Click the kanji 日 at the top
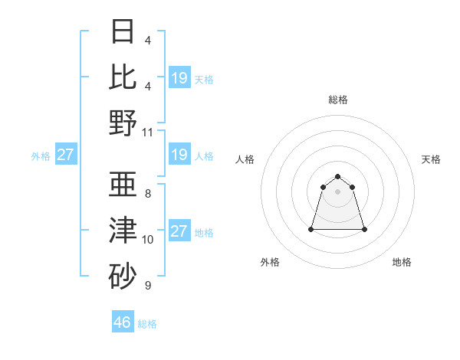123,32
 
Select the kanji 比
123,77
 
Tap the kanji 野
123,122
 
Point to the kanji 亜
123,185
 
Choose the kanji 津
123,230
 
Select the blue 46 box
123,322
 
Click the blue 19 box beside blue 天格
179,77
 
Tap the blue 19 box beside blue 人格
179,155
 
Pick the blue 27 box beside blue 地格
179,231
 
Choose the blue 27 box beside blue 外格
65,155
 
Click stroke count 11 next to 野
149,132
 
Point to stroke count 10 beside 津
148,240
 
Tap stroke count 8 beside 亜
147,195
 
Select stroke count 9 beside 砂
147,285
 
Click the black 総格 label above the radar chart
338,100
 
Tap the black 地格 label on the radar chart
402,262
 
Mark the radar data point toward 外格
312,229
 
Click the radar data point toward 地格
363,229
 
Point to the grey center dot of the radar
338,191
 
